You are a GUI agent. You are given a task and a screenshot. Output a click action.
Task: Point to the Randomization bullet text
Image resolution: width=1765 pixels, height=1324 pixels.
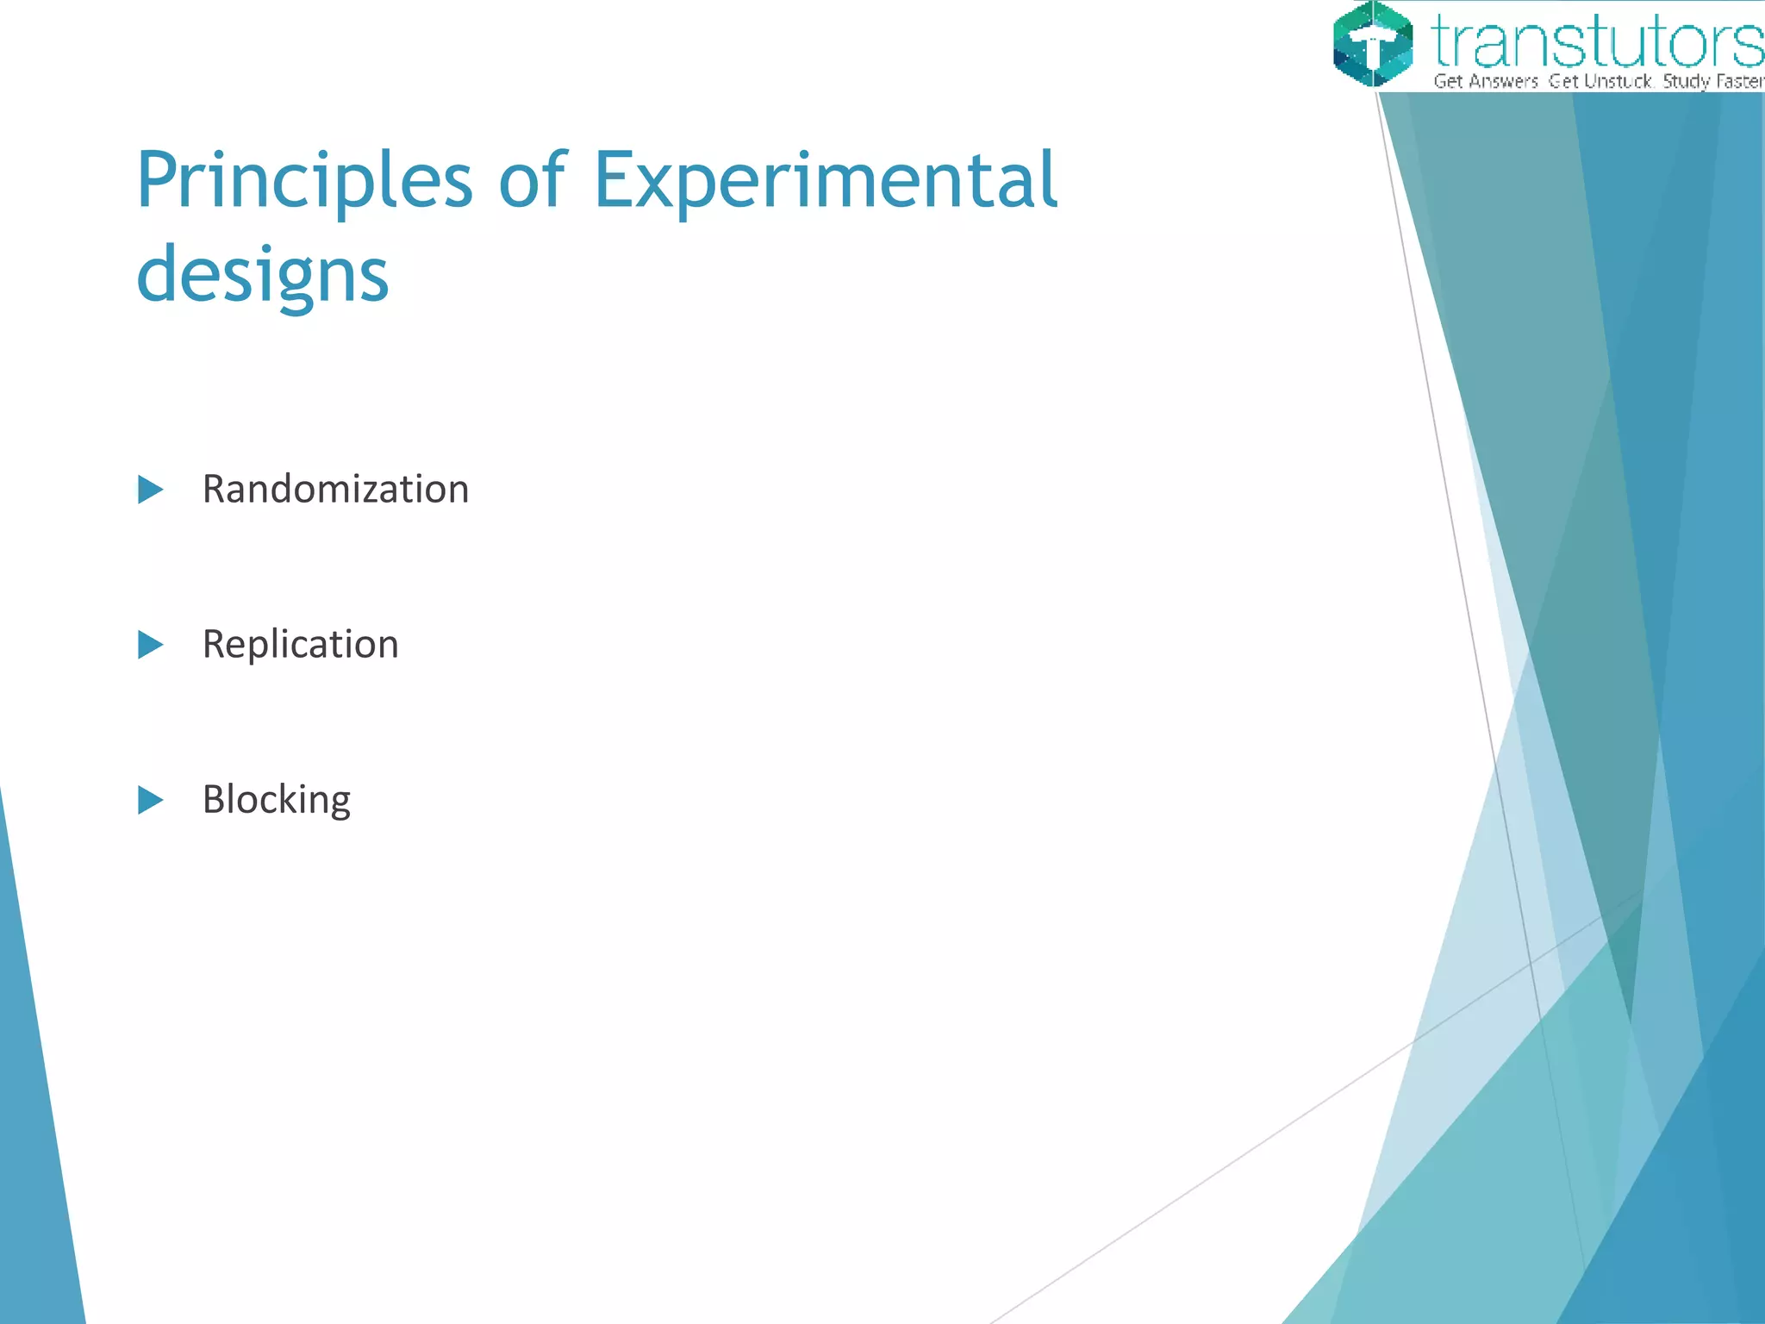[x=335, y=490]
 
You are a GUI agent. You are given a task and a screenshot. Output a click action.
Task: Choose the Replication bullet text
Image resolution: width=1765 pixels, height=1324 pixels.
[x=300, y=645]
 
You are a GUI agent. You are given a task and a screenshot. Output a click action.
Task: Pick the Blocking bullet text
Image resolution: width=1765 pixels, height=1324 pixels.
[x=276, y=800]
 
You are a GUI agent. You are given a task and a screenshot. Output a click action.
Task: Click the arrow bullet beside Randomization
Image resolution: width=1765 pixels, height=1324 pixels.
[x=150, y=490]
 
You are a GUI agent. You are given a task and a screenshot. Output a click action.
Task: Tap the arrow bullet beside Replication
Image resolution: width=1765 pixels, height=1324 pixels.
[x=150, y=645]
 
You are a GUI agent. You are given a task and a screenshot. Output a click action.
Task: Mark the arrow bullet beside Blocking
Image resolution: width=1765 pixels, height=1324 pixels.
[x=150, y=800]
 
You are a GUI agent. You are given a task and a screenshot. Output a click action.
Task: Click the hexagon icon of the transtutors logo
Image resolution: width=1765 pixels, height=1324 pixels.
[x=1372, y=44]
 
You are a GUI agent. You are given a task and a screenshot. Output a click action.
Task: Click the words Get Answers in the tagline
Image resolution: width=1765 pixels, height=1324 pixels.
[x=1486, y=82]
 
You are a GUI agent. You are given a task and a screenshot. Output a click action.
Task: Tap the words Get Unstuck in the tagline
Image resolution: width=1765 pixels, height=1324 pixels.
[x=1600, y=82]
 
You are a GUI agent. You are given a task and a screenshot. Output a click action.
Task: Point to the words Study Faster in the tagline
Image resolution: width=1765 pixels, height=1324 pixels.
[x=1712, y=82]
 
